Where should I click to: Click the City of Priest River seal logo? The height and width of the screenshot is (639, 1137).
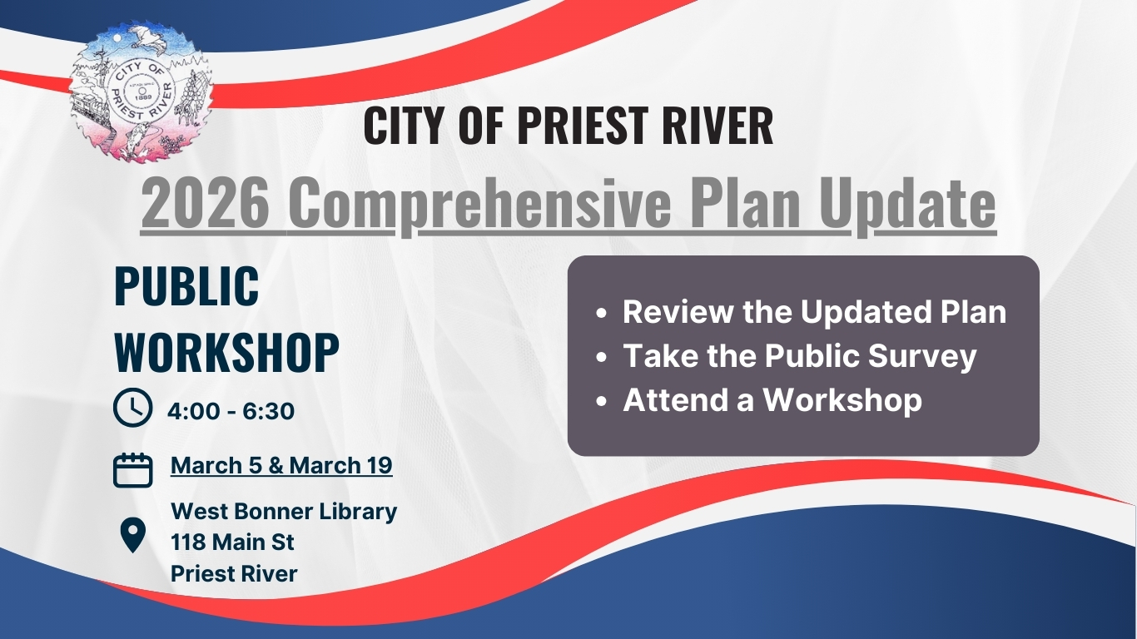(x=141, y=92)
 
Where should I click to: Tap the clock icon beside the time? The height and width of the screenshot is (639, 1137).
(x=132, y=407)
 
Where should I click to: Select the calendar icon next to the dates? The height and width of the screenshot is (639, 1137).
(x=132, y=470)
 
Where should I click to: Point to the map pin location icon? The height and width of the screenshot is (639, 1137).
(x=133, y=535)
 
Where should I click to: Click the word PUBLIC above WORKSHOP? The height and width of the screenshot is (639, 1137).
(x=186, y=286)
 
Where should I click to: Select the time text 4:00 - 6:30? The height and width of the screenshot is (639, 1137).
(x=231, y=410)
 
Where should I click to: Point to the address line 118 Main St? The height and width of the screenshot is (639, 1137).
(x=232, y=542)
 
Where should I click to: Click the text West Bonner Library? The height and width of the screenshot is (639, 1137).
(x=284, y=512)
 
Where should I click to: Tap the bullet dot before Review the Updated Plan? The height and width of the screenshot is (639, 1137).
(x=602, y=313)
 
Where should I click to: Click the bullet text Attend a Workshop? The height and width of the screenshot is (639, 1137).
(x=772, y=400)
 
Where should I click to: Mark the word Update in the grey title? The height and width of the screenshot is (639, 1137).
(x=907, y=205)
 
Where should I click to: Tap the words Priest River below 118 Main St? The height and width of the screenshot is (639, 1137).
(x=234, y=574)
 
